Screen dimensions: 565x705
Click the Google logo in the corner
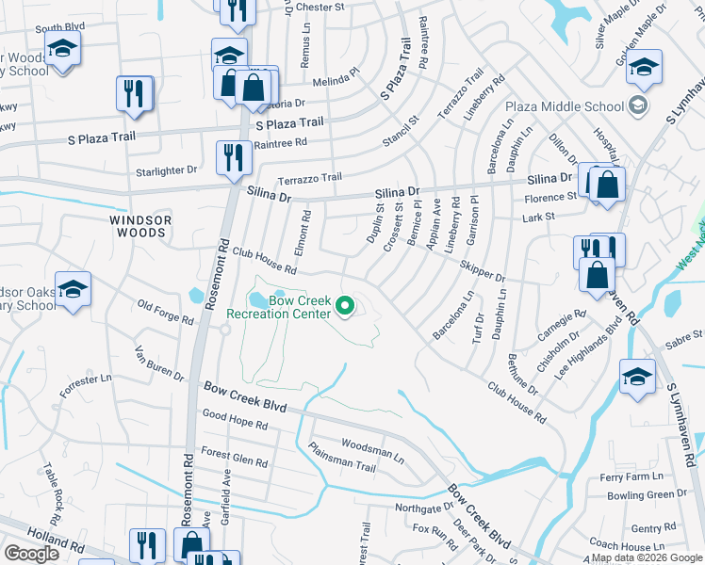32,553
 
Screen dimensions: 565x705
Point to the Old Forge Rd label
165,313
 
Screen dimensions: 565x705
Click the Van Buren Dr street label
159,363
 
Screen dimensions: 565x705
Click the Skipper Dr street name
483,273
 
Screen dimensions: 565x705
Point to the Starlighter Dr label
167,170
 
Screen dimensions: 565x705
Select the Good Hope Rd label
235,425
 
